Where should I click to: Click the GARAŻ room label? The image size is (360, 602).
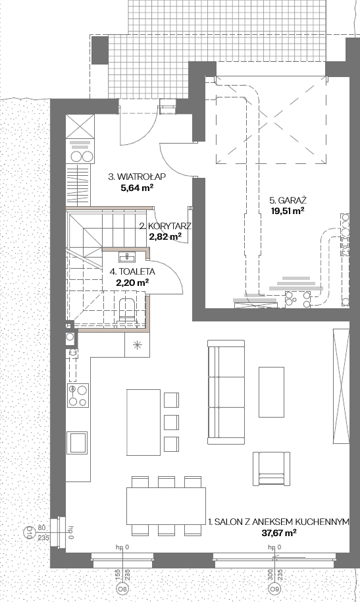[288, 200]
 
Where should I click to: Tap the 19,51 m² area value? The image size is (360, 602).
[288, 210]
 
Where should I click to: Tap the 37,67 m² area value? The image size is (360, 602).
[279, 532]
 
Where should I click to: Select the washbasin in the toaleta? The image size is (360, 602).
[126, 256]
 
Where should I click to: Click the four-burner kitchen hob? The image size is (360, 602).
[78, 395]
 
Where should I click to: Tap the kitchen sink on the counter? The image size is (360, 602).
[78, 443]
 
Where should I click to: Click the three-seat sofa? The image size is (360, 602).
[226, 392]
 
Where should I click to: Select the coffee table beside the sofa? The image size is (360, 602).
[271, 392]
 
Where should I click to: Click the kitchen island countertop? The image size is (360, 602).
[143, 422]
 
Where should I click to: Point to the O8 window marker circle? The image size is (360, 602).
[122, 589]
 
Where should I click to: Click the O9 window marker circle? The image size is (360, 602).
[273, 589]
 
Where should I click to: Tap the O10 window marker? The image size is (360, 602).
[28, 532]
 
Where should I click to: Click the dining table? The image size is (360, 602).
[167, 506]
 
